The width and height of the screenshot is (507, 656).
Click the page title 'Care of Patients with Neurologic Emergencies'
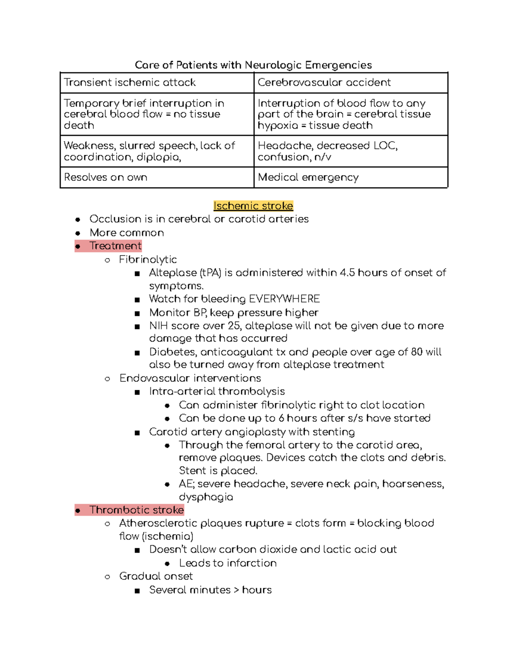click(253, 65)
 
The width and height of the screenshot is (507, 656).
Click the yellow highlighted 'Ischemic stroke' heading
click(253, 206)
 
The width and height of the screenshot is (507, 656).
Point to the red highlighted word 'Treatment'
click(115, 246)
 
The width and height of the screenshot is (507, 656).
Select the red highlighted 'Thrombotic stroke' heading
click(136, 510)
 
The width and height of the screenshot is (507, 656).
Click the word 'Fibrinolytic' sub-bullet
click(148, 259)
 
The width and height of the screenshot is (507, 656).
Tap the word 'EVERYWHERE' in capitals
click(284, 299)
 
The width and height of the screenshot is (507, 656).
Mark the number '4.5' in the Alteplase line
click(347, 273)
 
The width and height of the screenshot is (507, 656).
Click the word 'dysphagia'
click(206, 497)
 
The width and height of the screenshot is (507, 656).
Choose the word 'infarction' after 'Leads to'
click(252, 563)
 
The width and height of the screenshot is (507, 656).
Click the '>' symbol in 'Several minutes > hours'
click(236, 590)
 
